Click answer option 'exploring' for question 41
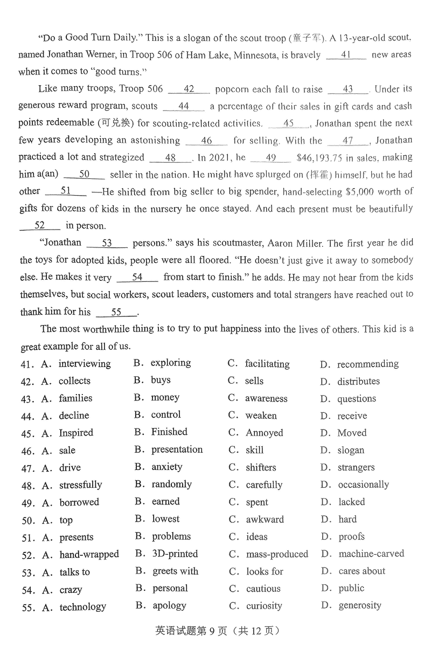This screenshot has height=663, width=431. point(171,363)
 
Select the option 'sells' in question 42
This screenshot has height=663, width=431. point(254,381)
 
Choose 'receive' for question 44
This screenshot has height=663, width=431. point(352,416)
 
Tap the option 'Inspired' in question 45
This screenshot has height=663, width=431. point(76,433)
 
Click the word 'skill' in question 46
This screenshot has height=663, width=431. point(255,450)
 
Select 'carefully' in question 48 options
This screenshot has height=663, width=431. point(264,485)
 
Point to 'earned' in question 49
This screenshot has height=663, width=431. point(165,501)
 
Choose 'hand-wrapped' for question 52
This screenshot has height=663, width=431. point(89,554)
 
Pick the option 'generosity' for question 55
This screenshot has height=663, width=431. point(360,605)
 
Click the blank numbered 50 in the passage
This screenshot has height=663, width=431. point(84,175)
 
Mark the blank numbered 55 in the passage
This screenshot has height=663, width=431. point(116,312)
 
